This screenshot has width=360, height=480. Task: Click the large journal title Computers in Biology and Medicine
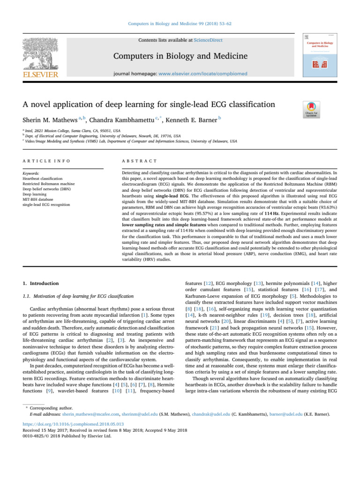(x=180, y=57)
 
